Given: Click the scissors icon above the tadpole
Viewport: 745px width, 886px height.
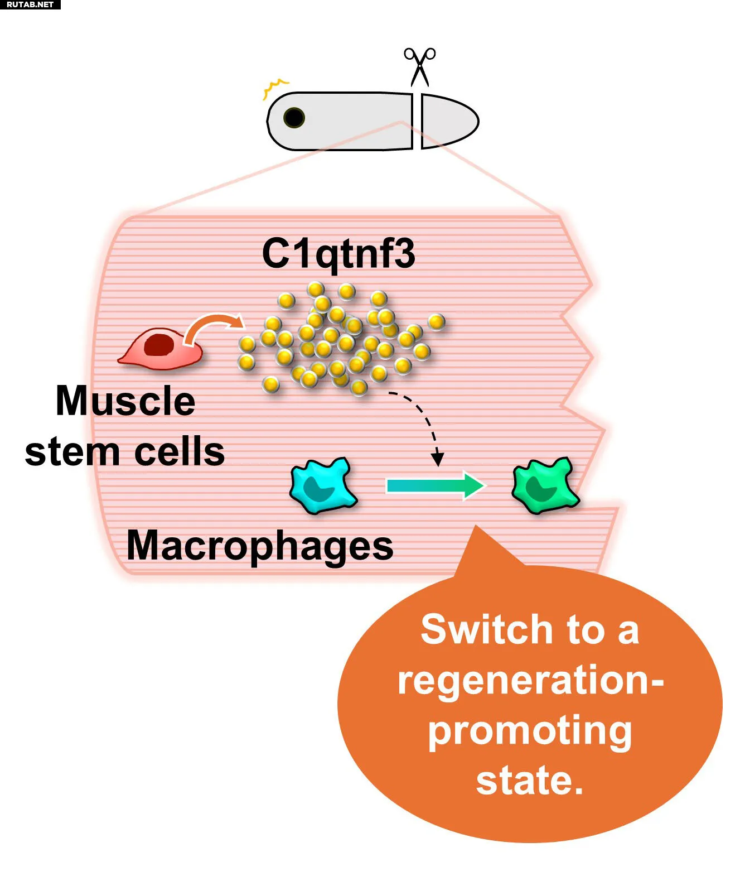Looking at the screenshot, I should [x=420, y=66].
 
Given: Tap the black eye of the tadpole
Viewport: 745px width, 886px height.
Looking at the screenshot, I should [x=294, y=118].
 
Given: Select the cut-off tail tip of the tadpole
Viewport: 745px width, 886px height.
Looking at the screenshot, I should [x=448, y=122].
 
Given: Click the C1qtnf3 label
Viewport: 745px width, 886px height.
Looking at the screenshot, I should [x=338, y=254].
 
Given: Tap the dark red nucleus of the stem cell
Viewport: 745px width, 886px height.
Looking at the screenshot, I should [x=158, y=345].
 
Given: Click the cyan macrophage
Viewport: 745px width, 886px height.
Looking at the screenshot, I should [x=322, y=485].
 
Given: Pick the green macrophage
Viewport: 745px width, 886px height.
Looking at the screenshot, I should [x=544, y=486].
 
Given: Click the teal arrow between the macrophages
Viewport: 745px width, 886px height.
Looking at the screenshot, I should [x=435, y=485].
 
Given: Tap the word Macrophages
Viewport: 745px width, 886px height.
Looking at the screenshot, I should [x=260, y=546].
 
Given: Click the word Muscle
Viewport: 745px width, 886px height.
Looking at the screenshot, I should [x=125, y=401].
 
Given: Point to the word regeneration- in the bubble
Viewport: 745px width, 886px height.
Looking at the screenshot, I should [x=530, y=680].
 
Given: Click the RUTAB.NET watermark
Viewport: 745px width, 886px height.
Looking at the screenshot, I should [x=30, y=4].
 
